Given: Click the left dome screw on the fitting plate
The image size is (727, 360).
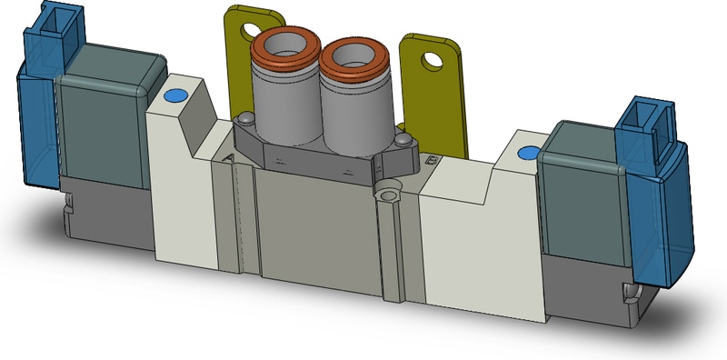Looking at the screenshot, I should [x=246, y=120].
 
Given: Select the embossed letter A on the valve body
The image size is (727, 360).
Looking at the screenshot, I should [x=228, y=158].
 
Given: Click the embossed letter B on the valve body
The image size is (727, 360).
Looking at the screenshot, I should [x=430, y=159].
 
